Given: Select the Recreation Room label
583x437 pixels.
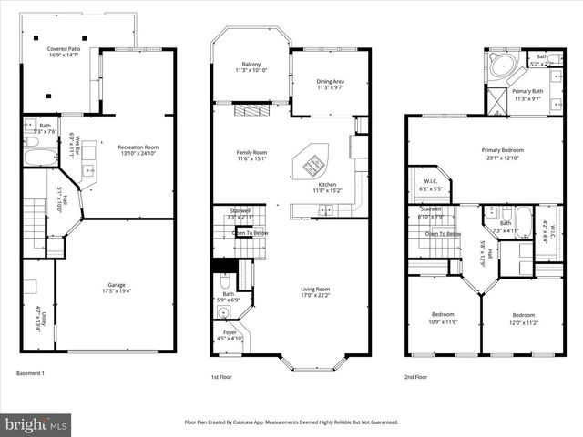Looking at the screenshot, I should point(138,147).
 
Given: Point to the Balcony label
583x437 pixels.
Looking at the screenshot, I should point(251,63).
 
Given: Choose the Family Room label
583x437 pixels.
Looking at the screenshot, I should point(252,152).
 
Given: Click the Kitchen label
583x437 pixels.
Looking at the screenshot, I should point(327,185).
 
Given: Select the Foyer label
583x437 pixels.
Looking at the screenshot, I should point(230,334).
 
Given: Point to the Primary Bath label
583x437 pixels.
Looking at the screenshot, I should point(527,92).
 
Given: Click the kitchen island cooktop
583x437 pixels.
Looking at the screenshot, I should point(310,165).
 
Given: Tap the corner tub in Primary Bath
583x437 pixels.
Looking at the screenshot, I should point(500,66).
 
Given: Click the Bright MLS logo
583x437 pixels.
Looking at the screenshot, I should point(36,424).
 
